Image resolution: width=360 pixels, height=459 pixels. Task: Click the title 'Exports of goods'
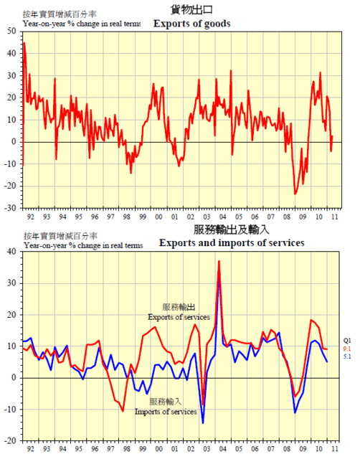pyautogui.click(x=191, y=24)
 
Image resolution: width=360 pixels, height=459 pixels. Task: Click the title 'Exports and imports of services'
pyautogui.click(x=232, y=242)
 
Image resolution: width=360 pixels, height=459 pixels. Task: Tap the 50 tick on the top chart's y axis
pyautogui.click(x=11, y=31)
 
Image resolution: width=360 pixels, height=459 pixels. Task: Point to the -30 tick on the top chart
pyautogui.click(x=10, y=208)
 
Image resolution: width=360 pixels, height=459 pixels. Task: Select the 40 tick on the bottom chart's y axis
pyautogui.click(x=11, y=252)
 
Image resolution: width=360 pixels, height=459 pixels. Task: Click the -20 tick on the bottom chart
pyautogui.click(x=10, y=441)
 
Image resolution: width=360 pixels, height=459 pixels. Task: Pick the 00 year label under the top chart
pyautogui.click(x=158, y=217)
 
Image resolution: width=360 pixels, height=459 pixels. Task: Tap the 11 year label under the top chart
pyautogui.click(x=334, y=217)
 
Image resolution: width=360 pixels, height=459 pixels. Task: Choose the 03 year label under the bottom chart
pyautogui.click(x=207, y=449)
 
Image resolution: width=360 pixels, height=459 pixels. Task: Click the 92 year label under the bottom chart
pyautogui.click(x=30, y=449)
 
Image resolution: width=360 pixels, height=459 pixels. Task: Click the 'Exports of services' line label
pyautogui.click(x=179, y=317)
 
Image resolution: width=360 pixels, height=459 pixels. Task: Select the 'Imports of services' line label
pyautogui.click(x=166, y=412)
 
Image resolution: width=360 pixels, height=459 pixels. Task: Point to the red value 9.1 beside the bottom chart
pyautogui.click(x=347, y=349)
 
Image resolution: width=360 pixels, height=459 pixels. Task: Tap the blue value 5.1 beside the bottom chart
pyautogui.click(x=347, y=356)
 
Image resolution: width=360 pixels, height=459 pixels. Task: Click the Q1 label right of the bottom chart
pyautogui.click(x=347, y=341)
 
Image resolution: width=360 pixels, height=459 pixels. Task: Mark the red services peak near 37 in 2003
pyautogui.click(x=219, y=261)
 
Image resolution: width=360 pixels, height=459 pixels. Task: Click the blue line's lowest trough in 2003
pyautogui.click(x=203, y=423)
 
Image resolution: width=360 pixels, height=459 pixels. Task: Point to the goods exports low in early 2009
pyautogui.click(x=295, y=194)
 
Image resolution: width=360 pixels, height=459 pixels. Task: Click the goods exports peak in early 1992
pyautogui.click(x=24, y=43)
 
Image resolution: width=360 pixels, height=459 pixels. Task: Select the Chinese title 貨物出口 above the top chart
pyautogui.click(x=191, y=9)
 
